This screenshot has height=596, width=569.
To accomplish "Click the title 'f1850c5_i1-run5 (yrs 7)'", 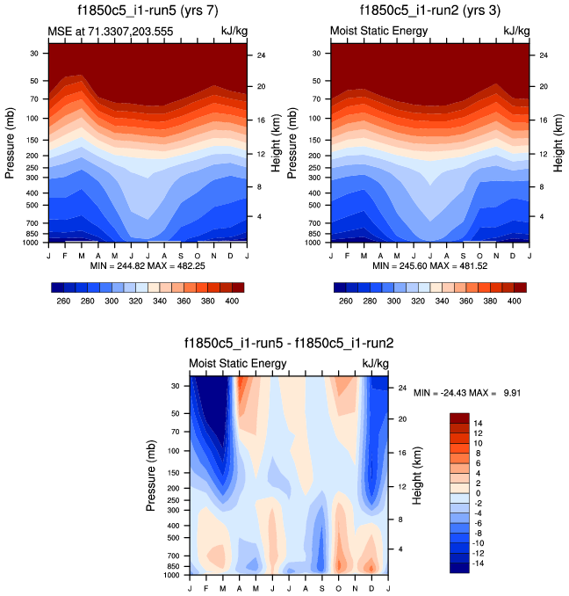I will click(x=147, y=12).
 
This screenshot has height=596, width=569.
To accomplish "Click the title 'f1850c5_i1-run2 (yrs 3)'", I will click(x=430, y=12).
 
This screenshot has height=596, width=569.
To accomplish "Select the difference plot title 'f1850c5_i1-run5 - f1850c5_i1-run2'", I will click(x=288, y=344).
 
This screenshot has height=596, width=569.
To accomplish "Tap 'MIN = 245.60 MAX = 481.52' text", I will click(x=432, y=265).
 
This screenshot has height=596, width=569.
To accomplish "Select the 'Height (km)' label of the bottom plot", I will click(x=418, y=476).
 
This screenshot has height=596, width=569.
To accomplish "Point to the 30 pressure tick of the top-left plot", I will click(x=37, y=53).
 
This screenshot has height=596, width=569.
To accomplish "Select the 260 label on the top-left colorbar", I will click(x=63, y=301).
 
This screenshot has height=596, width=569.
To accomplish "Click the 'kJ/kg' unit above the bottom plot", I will click(x=376, y=363).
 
